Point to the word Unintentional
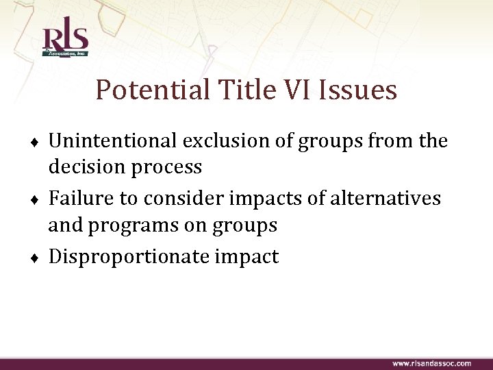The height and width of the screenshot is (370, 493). [x=114, y=141]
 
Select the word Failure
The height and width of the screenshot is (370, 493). [x=77, y=199]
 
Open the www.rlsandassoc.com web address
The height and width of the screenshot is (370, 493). [x=431, y=363]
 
